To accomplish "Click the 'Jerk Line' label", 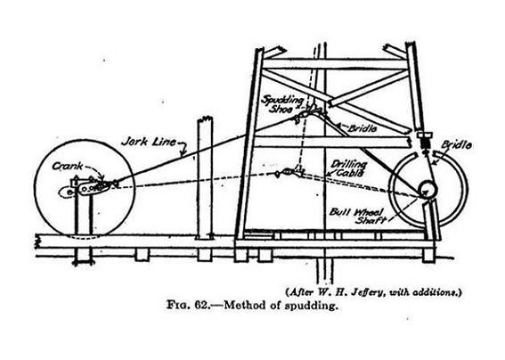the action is click(x=149, y=141).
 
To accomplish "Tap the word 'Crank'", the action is click(x=68, y=167).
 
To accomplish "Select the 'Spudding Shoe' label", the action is click(x=282, y=103).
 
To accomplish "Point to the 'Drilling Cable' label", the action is click(x=349, y=168).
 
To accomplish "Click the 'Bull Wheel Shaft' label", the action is click(x=356, y=216).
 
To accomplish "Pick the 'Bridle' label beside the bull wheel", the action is click(x=456, y=144).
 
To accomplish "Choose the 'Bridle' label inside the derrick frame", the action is click(x=362, y=128).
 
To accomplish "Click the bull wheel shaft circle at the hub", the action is click(x=428, y=189).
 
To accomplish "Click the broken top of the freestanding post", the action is click(x=205, y=119).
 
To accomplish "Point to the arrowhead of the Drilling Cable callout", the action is click(x=327, y=175).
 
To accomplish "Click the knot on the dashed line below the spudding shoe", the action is click(x=287, y=172).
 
